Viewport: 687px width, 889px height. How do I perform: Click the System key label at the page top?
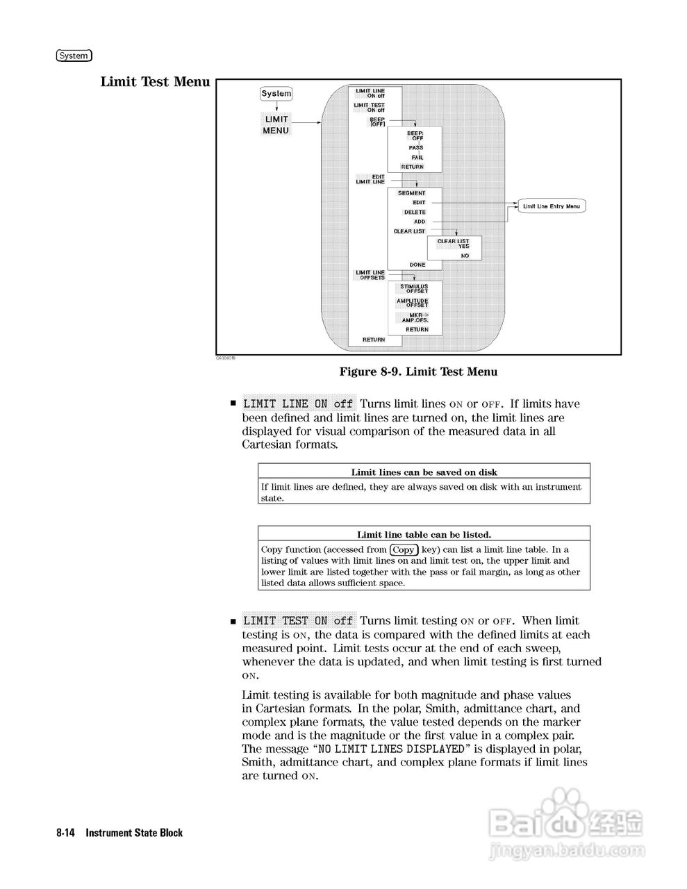(x=74, y=56)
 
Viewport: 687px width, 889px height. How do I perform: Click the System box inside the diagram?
(x=276, y=94)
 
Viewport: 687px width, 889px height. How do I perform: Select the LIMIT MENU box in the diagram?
(x=276, y=125)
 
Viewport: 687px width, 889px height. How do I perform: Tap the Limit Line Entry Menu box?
(x=551, y=206)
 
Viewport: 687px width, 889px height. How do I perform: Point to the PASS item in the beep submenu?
(x=415, y=148)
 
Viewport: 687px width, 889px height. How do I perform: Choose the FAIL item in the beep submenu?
(x=417, y=158)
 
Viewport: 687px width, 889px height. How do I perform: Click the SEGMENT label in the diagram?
(x=411, y=193)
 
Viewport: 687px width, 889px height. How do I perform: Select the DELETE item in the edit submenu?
(x=415, y=213)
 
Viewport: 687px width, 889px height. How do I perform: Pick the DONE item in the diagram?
(x=417, y=265)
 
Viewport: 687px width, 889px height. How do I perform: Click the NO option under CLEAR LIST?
(x=465, y=256)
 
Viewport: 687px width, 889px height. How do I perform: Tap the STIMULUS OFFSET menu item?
(x=414, y=289)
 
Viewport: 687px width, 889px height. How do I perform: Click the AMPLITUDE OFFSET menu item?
(x=413, y=303)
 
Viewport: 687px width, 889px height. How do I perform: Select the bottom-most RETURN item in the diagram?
(x=374, y=340)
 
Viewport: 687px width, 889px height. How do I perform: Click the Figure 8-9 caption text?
(x=418, y=372)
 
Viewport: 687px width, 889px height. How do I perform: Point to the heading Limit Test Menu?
(x=155, y=82)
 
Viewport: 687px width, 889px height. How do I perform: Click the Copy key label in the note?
(x=404, y=549)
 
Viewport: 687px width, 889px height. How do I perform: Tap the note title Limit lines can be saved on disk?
(x=424, y=472)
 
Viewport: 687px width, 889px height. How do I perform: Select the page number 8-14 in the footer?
(x=66, y=833)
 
